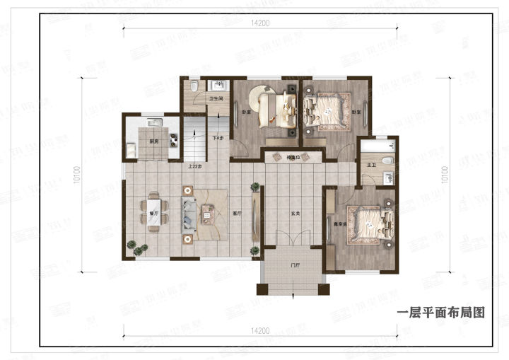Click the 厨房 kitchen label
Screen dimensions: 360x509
(153, 141)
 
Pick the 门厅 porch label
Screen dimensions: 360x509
(295, 266)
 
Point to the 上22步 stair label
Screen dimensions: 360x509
(195, 167)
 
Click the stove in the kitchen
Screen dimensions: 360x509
(156, 125)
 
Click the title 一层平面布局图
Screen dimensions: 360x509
(442, 313)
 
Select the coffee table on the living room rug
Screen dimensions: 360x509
(210, 211)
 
